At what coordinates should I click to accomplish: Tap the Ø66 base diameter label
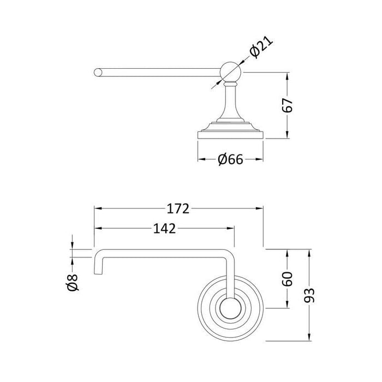230,159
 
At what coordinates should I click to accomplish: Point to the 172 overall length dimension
178,208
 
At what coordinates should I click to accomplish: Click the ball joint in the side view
228,71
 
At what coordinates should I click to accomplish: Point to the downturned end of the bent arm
98,265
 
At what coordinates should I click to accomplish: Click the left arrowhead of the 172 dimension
98,208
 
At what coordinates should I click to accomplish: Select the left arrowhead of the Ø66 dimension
200,159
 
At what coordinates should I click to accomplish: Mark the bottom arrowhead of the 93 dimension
311,337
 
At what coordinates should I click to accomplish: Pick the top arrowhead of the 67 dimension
288,74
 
